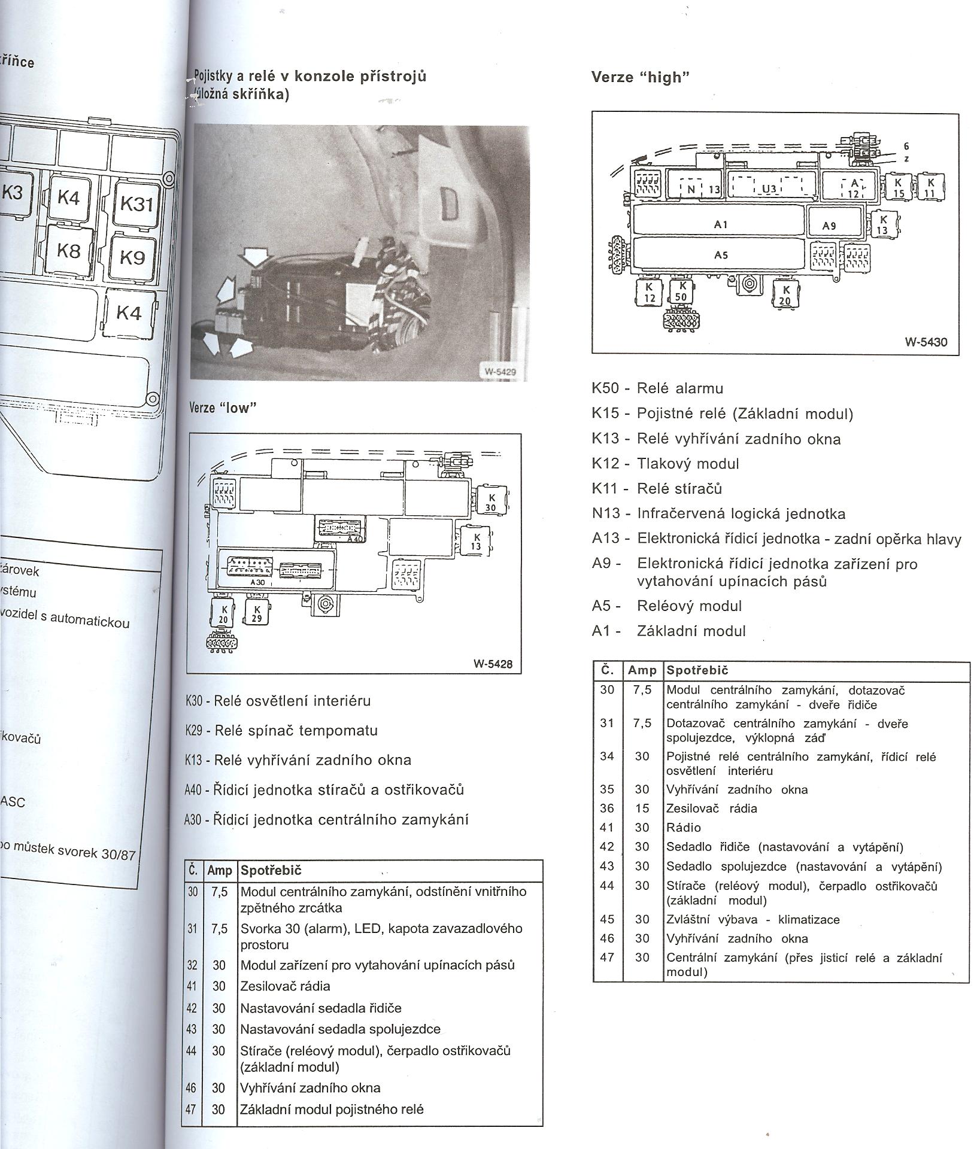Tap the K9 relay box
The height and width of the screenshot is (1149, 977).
132,257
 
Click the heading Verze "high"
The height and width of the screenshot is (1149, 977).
641,77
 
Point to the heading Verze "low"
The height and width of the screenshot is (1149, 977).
223,408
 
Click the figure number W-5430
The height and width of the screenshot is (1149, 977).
926,342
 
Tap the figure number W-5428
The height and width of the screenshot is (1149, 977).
493,664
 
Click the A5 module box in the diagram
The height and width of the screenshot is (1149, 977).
720,254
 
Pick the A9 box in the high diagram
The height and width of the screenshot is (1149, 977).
835,224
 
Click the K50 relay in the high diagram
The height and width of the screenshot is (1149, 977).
681,291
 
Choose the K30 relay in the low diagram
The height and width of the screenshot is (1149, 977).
490,502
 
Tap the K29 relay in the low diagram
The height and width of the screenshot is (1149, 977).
257,614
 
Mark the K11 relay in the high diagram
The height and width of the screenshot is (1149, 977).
930,187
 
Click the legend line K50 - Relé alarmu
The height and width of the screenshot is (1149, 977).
657,388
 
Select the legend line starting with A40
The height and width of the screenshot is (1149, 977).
324,790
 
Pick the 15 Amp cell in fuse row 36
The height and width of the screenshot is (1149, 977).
642,808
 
